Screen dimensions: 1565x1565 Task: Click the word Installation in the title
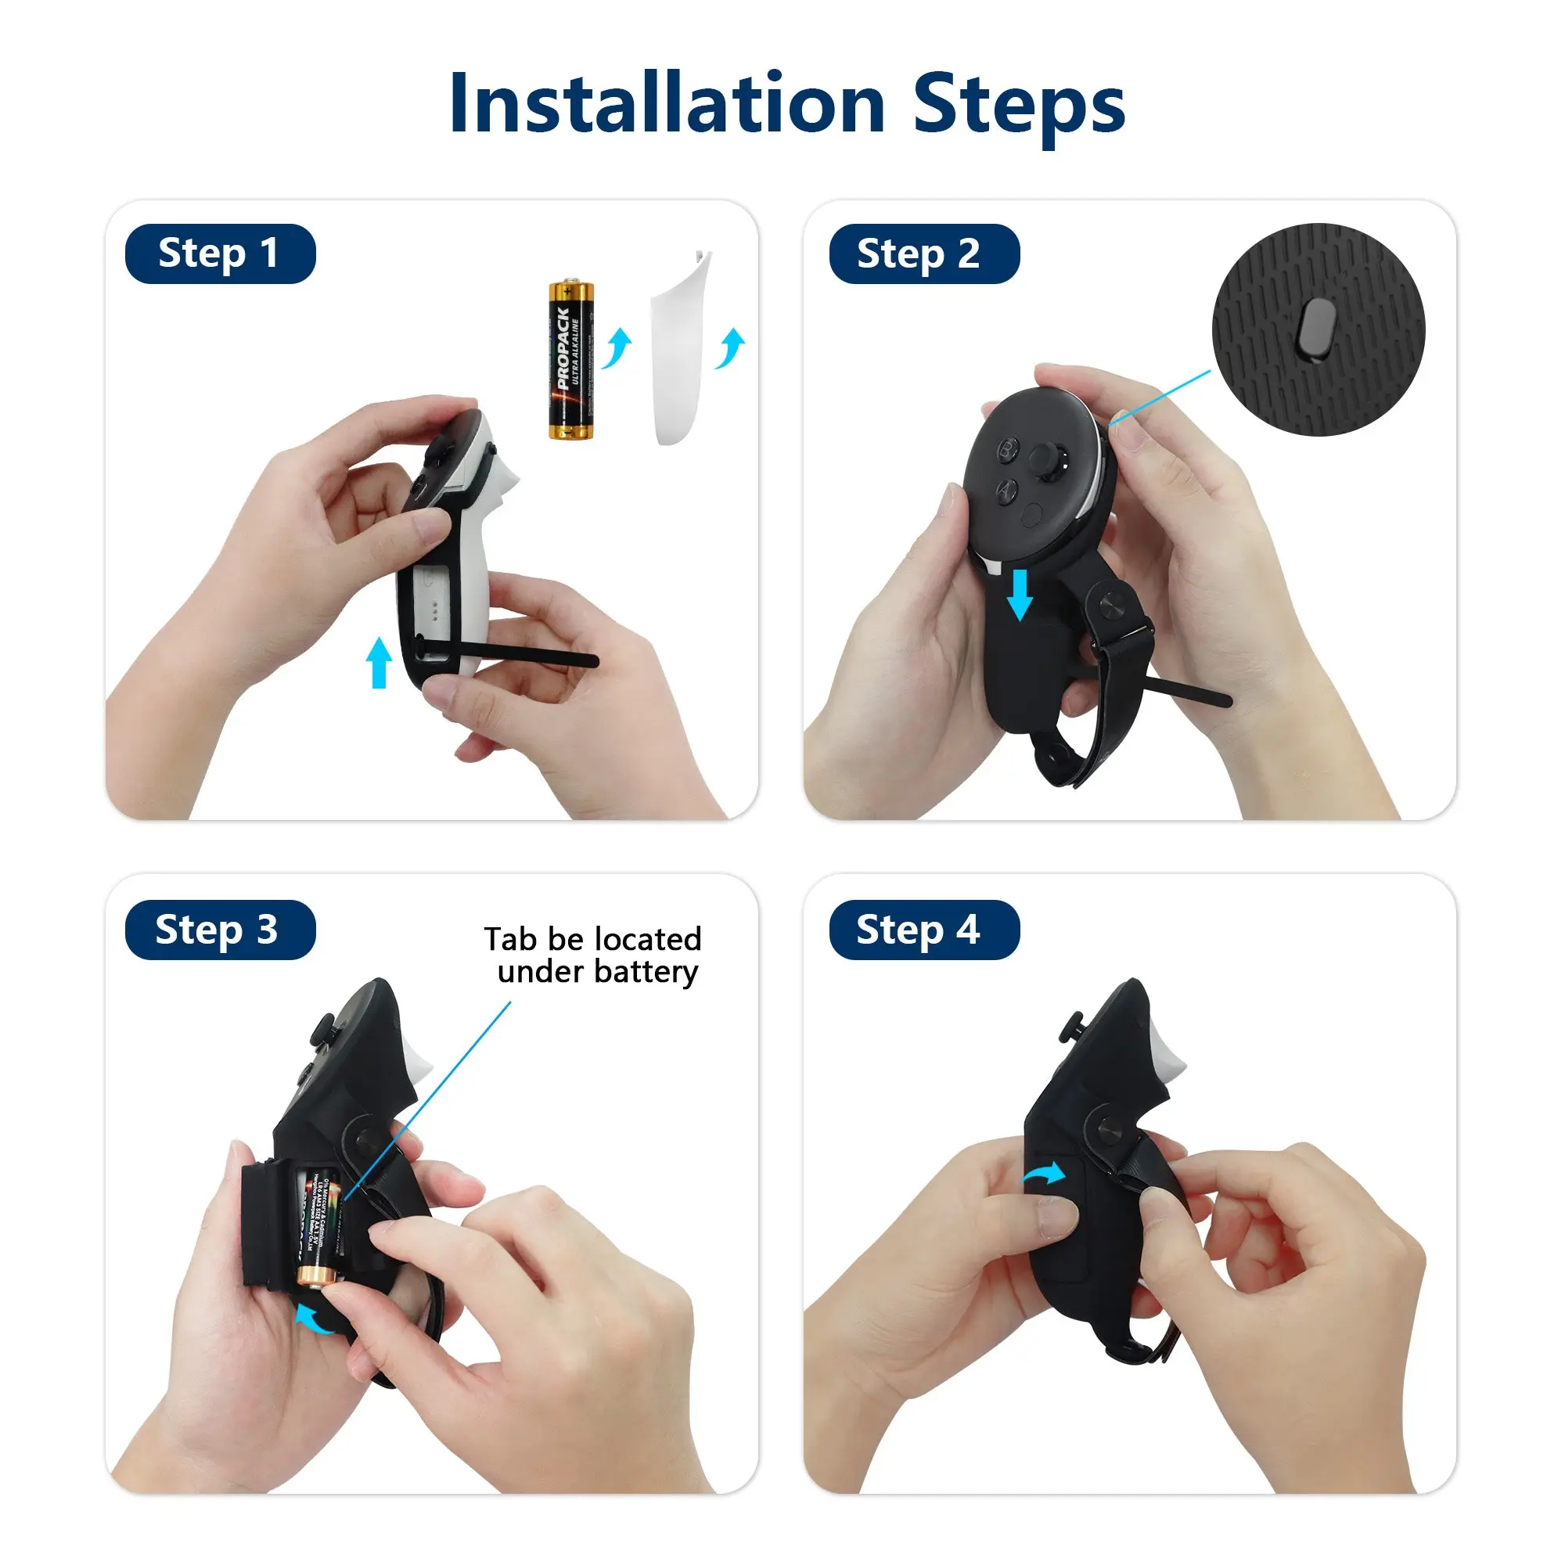point(667,104)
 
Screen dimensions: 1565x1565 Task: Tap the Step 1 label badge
point(220,254)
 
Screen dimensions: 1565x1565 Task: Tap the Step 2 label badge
point(923,254)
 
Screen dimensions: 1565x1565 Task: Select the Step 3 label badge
point(220,929)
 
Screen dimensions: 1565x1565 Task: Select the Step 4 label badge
point(923,929)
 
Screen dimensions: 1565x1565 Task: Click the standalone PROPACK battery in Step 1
point(570,360)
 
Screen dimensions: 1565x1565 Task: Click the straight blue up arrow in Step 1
point(378,662)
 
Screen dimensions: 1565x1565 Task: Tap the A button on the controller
point(1006,490)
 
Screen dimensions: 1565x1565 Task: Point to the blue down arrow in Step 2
point(1020,594)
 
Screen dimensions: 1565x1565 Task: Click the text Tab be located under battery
point(594,955)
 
